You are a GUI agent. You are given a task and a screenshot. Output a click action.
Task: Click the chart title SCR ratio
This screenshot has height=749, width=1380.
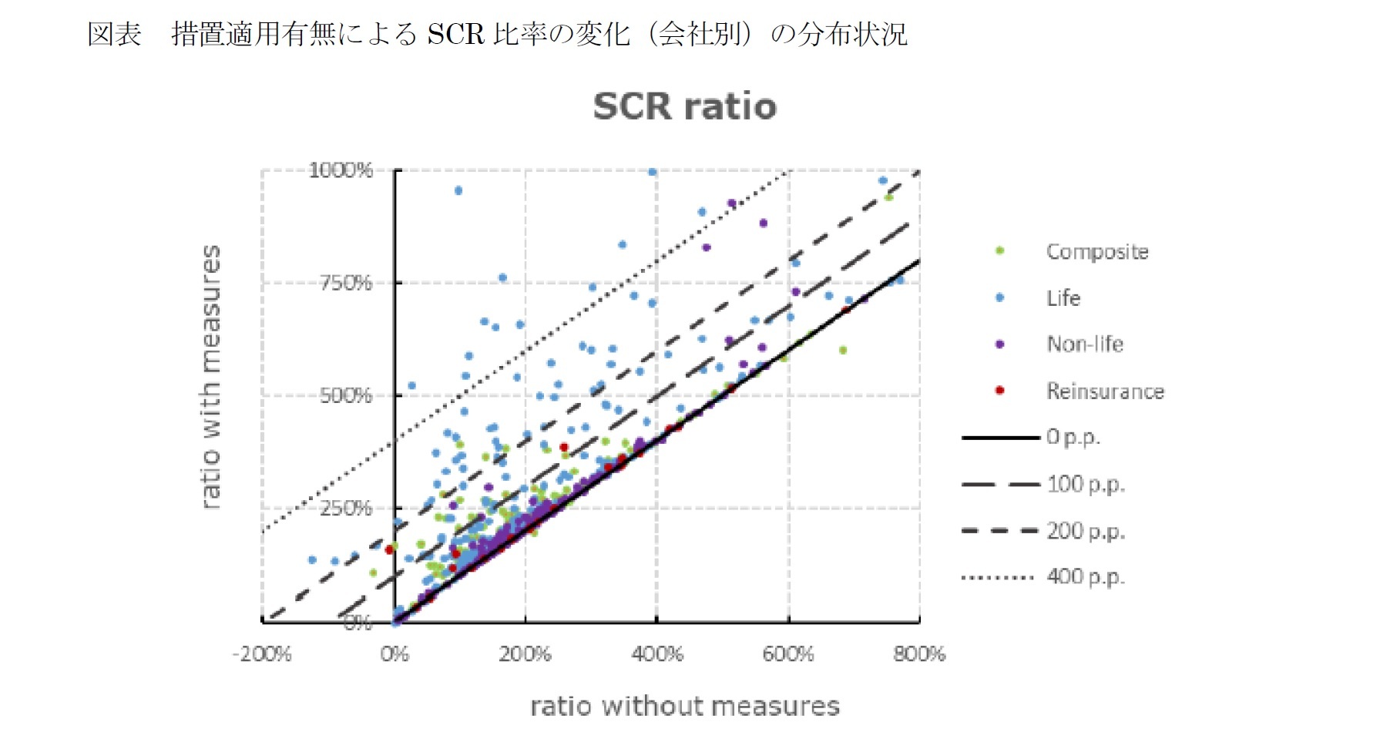(684, 106)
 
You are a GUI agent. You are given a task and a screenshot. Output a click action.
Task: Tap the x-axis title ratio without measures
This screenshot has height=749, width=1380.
(684, 706)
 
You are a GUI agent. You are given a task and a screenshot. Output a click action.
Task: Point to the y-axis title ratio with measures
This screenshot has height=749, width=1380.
(210, 377)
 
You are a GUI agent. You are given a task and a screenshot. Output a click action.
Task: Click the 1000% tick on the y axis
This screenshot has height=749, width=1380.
(341, 170)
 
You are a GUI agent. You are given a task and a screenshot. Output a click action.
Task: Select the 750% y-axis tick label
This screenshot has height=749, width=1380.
(346, 283)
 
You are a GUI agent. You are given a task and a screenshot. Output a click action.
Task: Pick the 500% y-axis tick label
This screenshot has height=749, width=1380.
(346, 395)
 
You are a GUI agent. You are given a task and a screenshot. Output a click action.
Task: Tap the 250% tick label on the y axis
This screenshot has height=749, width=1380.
(346, 509)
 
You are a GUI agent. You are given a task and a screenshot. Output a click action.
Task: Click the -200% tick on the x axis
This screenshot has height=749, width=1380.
(262, 655)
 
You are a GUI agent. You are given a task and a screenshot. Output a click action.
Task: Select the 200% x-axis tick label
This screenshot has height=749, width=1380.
(525, 655)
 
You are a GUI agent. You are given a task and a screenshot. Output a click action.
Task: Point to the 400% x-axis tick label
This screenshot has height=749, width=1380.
(656, 655)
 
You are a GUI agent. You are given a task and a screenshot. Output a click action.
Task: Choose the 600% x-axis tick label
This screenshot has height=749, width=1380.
(788, 655)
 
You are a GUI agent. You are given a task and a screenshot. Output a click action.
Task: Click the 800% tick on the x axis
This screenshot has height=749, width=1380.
(919, 655)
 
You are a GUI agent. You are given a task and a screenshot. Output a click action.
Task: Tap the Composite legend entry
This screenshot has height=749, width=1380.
(1096, 252)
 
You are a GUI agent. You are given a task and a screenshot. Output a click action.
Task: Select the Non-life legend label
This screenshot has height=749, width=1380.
(1085, 344)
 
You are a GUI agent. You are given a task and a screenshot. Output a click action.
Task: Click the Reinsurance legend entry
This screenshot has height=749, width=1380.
(1104, 391)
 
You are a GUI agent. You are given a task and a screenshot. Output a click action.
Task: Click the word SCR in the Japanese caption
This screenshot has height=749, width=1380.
(455, 34)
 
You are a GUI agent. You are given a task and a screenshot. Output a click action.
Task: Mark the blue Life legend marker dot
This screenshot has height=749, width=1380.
(999, 297)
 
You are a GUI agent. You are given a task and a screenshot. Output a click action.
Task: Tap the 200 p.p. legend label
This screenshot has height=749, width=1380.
(1085, 530)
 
